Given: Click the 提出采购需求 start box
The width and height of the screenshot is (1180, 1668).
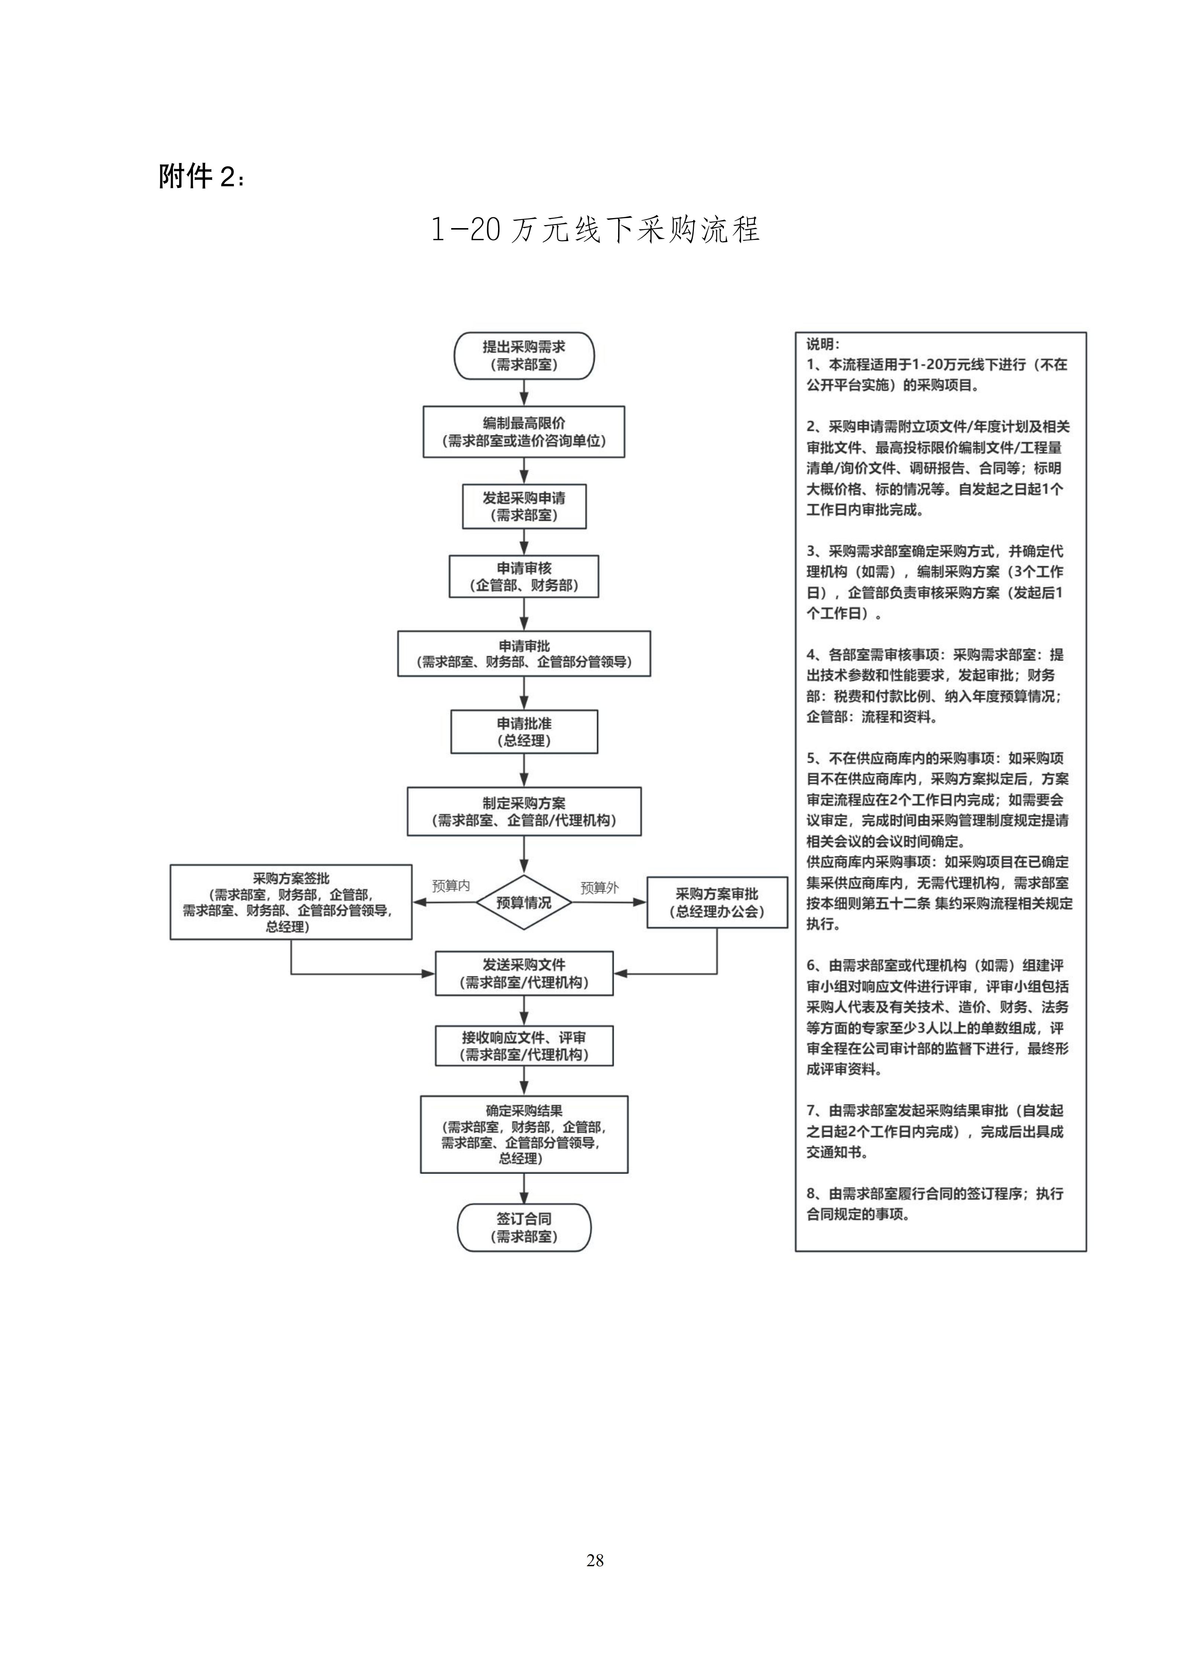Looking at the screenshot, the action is [x=524, y=356].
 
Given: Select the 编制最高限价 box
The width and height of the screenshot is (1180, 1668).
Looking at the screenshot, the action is [x=524, y=432].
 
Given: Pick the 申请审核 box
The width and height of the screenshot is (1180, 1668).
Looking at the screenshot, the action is [x=524, y=577].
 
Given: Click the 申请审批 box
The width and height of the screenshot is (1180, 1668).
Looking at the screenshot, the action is [x=524, y=654].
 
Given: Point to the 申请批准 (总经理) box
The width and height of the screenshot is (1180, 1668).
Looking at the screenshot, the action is [x=524, y=731].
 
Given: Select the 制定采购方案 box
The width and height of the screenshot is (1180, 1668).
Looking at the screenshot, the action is [x=524, y=811].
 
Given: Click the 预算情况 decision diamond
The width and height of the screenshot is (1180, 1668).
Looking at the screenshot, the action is [x=524, y=902].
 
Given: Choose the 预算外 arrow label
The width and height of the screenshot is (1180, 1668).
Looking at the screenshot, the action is [x=599, y=888].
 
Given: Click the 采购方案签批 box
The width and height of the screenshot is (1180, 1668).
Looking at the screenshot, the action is [x=291, y=902].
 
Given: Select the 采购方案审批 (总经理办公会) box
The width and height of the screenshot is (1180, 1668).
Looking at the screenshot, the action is [x=717, y=902].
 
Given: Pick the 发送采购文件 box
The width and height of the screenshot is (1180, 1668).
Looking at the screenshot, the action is [x=524, y=973].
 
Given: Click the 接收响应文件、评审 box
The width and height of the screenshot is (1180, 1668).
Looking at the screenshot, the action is [x=524, y=1046].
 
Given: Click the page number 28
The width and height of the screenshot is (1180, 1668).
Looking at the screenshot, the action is [x=595, y=1560].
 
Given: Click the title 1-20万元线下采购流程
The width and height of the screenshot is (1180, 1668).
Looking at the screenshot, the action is [x=595, y=230].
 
